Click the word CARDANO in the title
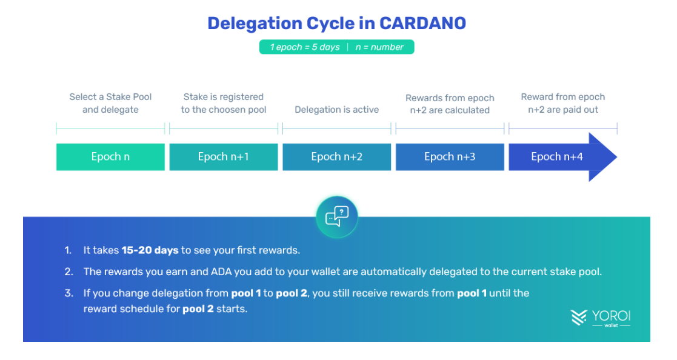[x=422, y=23]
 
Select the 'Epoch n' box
[x=110, y=157]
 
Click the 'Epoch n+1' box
[x=224, y=157]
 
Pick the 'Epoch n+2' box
[x=337, y=157]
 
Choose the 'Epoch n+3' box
[x=450, y=157]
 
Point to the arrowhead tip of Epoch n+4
[x=616, y=157]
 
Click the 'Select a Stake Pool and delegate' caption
[x=110, y=103]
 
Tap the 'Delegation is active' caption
[x=337, y=110]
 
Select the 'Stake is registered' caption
[x=224, y=97]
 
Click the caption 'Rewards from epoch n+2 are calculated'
[x=450, y=104]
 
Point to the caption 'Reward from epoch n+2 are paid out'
[x=563, y=103]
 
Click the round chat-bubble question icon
[x=337, y=217]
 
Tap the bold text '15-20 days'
[x=150, y=250]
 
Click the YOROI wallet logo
[x=601, y=318]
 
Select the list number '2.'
[x=68, y=272]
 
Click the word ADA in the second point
[x=221, y=272]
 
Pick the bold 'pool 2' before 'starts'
[x=198, y=309]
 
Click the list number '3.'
[x=68, y=293]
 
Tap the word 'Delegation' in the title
[x=255, y=24]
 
